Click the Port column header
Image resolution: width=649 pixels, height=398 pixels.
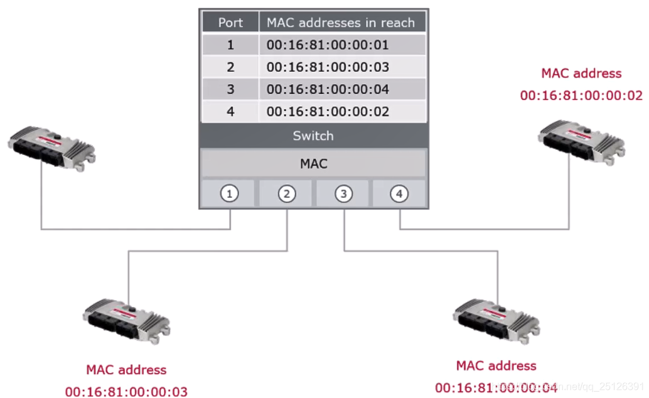coord(230,23)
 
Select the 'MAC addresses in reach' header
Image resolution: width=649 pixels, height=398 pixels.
coord(341,23)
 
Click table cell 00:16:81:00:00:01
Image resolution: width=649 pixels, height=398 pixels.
coord(328,45)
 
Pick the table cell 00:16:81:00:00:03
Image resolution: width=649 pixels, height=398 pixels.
coord(328,67)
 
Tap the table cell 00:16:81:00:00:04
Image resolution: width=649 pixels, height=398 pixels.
coord(328,90)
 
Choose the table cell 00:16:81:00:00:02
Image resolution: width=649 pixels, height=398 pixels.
coord(328,112)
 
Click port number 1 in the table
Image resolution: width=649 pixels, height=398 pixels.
coord(230,45)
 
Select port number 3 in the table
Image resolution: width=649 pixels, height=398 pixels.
coord(230,90)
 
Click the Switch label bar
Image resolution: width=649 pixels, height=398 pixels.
coord(313,136)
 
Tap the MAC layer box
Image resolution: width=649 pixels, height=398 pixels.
coord(313,163)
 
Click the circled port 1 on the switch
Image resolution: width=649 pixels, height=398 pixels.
coord(230,194)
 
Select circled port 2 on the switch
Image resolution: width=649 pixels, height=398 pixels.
coord(287,194)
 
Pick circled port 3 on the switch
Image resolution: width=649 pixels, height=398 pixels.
coord(343,194)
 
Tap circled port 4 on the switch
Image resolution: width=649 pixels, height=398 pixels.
coord(400,194)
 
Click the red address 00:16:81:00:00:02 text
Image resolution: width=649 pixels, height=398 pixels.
coord(581,95)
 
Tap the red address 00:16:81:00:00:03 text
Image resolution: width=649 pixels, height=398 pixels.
coord(126,392)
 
